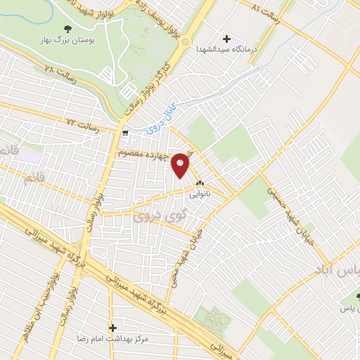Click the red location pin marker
point(181,165)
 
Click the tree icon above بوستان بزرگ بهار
point(67,28)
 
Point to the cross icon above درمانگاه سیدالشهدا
point(226,38)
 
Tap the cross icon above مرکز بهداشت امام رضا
point(112,328)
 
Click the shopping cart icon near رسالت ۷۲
point(124,131)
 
